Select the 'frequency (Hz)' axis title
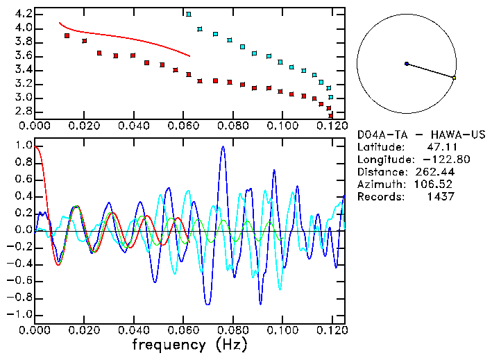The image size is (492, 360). pos(189,344)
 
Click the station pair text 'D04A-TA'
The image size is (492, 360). pos(378,134)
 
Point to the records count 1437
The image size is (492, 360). pos(440,196)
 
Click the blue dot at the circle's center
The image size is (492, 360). pos(407,64)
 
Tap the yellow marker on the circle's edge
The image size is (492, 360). pos(454,78)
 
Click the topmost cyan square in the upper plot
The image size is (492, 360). pos(189,14)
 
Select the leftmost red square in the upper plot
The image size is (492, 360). pos(67,35)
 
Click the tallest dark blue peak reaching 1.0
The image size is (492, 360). pos(223,147)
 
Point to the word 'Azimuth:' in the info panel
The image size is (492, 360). pos(380,184)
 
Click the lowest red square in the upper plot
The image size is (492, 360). pos(331,115)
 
